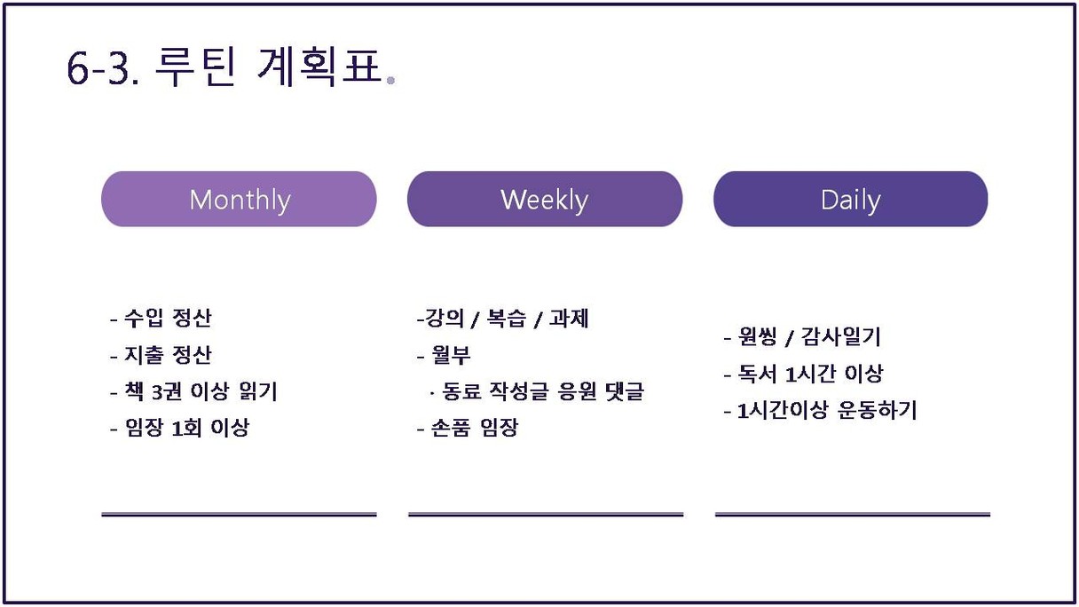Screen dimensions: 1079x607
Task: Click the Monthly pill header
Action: pos(239,199)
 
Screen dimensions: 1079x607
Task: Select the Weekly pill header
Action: pos(545,199)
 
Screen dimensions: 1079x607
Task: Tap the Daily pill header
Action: pos(851,199)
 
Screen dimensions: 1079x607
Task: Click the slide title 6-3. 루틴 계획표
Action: pos(224,67)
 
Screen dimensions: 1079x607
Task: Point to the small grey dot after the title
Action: pos(390,81)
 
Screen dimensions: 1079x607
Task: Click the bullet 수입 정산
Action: pos(161,318)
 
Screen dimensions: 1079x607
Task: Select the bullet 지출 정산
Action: pos(161,355)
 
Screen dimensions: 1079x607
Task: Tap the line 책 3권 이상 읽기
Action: pos(194,391)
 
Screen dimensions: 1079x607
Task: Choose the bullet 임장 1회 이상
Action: pos(180,428)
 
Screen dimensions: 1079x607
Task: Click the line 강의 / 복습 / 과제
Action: pos(503,319)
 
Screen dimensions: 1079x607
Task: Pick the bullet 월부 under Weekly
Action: pos(444,356)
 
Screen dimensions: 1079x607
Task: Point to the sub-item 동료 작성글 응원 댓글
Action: pos(537,391)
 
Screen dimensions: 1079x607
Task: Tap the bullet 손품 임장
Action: pos(468,428)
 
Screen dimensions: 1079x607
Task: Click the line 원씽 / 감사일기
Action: pos(802,336)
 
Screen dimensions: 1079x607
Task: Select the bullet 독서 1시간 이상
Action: pos(803,374)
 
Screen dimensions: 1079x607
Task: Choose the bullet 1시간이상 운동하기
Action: pos(820,411)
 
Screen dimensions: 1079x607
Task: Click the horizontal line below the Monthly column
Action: pos(239,515)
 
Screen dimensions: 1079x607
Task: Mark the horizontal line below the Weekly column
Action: pos(546,515)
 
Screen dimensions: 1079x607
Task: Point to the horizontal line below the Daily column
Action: pos(853,515)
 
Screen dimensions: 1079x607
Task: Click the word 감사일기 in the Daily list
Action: pos(841,336)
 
